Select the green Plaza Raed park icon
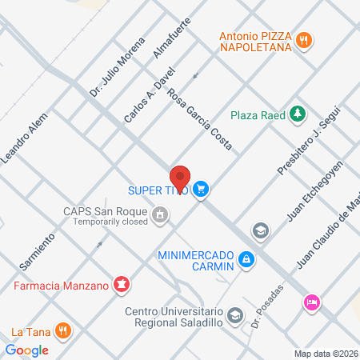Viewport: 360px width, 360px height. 298,114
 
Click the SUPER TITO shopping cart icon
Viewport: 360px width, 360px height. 202,190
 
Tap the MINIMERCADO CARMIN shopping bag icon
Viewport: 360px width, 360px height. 247,259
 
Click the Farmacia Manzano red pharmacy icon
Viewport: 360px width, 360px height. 121,283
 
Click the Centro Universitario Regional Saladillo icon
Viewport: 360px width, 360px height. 234,314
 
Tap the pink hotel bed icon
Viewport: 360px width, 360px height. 310,302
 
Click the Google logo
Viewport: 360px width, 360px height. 26,350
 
